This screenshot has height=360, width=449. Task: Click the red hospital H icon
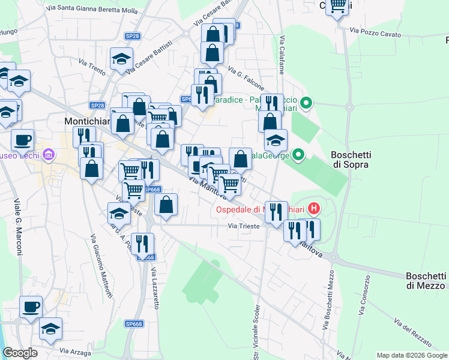313,209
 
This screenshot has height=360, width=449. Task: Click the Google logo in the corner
20,353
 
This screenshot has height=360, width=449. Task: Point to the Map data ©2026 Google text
411,355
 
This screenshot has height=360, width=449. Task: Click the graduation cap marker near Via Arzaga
51,328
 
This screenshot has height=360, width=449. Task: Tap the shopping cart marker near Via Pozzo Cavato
339,5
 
